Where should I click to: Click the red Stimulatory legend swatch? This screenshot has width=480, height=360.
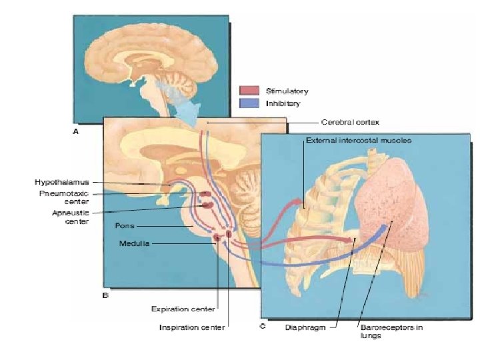tap(249, 91)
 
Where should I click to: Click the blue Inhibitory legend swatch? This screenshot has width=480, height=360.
tap(249, 103)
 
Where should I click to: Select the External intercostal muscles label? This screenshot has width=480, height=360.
tap(359, 141)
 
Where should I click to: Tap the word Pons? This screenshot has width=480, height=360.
tap(125, 225)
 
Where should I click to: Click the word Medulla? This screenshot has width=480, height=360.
tap(135, 243)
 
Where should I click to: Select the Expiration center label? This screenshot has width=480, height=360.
tap(183, 309)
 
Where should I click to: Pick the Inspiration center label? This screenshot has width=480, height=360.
tap(192, 327)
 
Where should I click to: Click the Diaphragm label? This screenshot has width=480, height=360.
tap(305, 327)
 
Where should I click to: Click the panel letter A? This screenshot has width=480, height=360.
tap(75, 132)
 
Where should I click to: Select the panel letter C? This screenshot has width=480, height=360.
tap(262, 326)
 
